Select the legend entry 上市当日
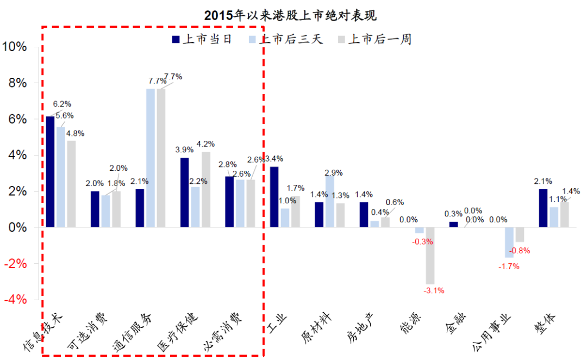click(202, 39)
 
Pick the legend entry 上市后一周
click(374, 39)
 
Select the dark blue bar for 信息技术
click(51, 171)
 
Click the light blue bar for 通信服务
click(151, 158)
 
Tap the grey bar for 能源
click(430, 256)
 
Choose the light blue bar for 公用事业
click(509, 243)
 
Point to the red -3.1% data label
click(434, 290)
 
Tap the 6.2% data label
click(62, 103)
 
